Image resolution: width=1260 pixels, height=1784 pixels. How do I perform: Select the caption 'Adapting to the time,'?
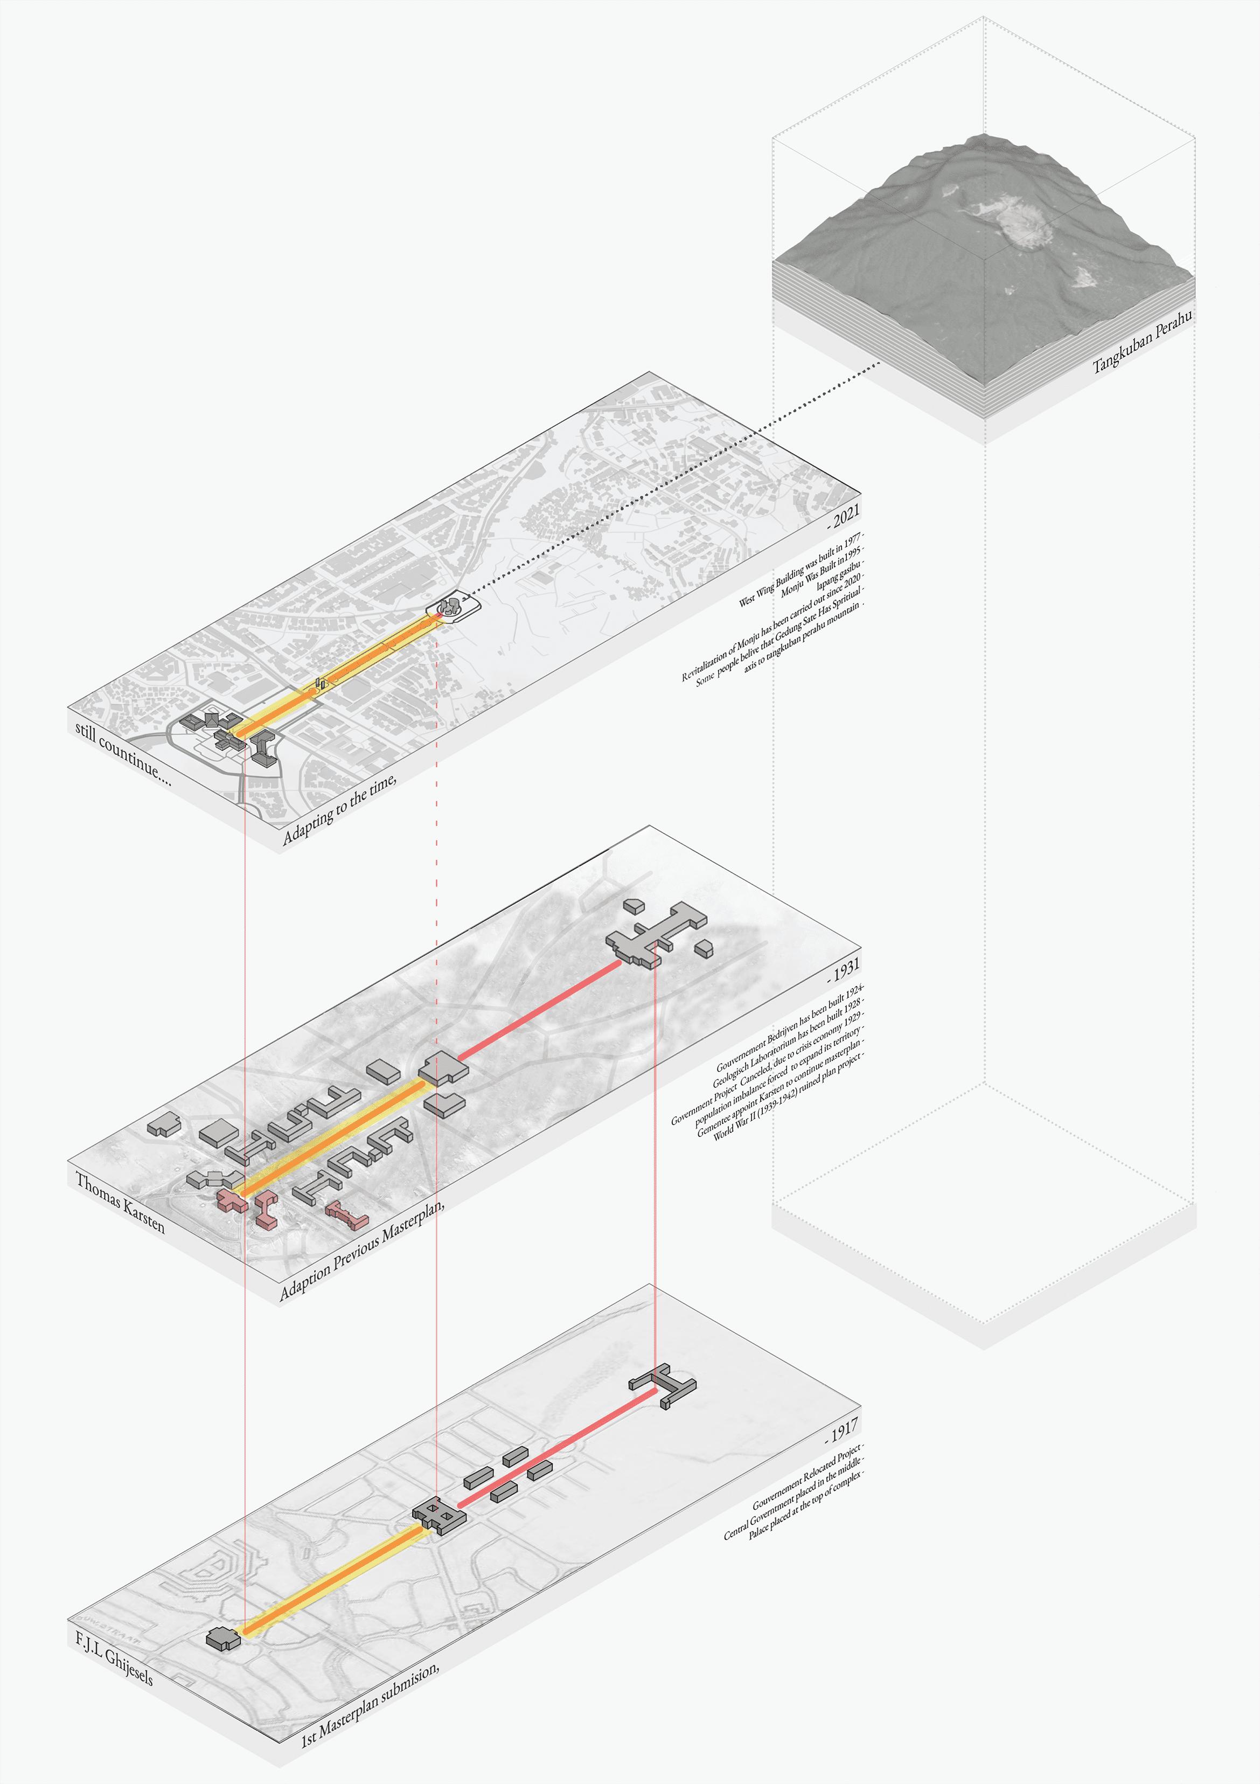coord(339,809)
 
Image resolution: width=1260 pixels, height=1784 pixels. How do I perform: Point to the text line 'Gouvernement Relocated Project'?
coord(808,1475)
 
